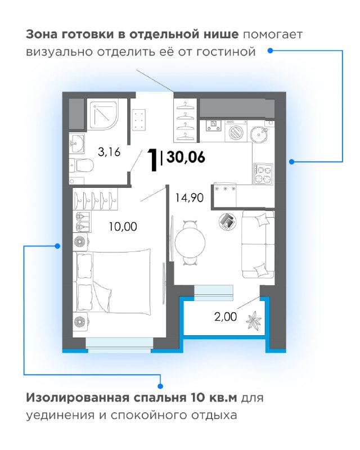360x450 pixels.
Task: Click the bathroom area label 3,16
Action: (x=109, y=152)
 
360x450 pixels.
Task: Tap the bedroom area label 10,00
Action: (x=123, y=227)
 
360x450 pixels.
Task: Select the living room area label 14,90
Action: (x=190, y=197)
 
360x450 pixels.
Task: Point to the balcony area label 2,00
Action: (x=226, y=317)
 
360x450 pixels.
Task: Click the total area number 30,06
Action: (x=186, y=157)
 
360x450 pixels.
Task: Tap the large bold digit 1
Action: (x=152, y=160)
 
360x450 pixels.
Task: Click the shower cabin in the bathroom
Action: (x=102, y=115)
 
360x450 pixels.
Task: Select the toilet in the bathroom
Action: (x=82, y=165)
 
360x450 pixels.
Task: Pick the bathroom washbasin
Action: (x=77, y=143)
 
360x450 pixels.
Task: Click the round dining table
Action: (x=190, y=243)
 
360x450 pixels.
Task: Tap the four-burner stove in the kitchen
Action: (x=263, y=174)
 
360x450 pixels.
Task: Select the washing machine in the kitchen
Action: (x=236, y=131)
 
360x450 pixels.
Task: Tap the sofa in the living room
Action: (x=258, y=244)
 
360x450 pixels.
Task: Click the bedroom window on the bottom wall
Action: (x=119, y=345)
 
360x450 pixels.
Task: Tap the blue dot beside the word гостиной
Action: (x=270, y=51)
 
